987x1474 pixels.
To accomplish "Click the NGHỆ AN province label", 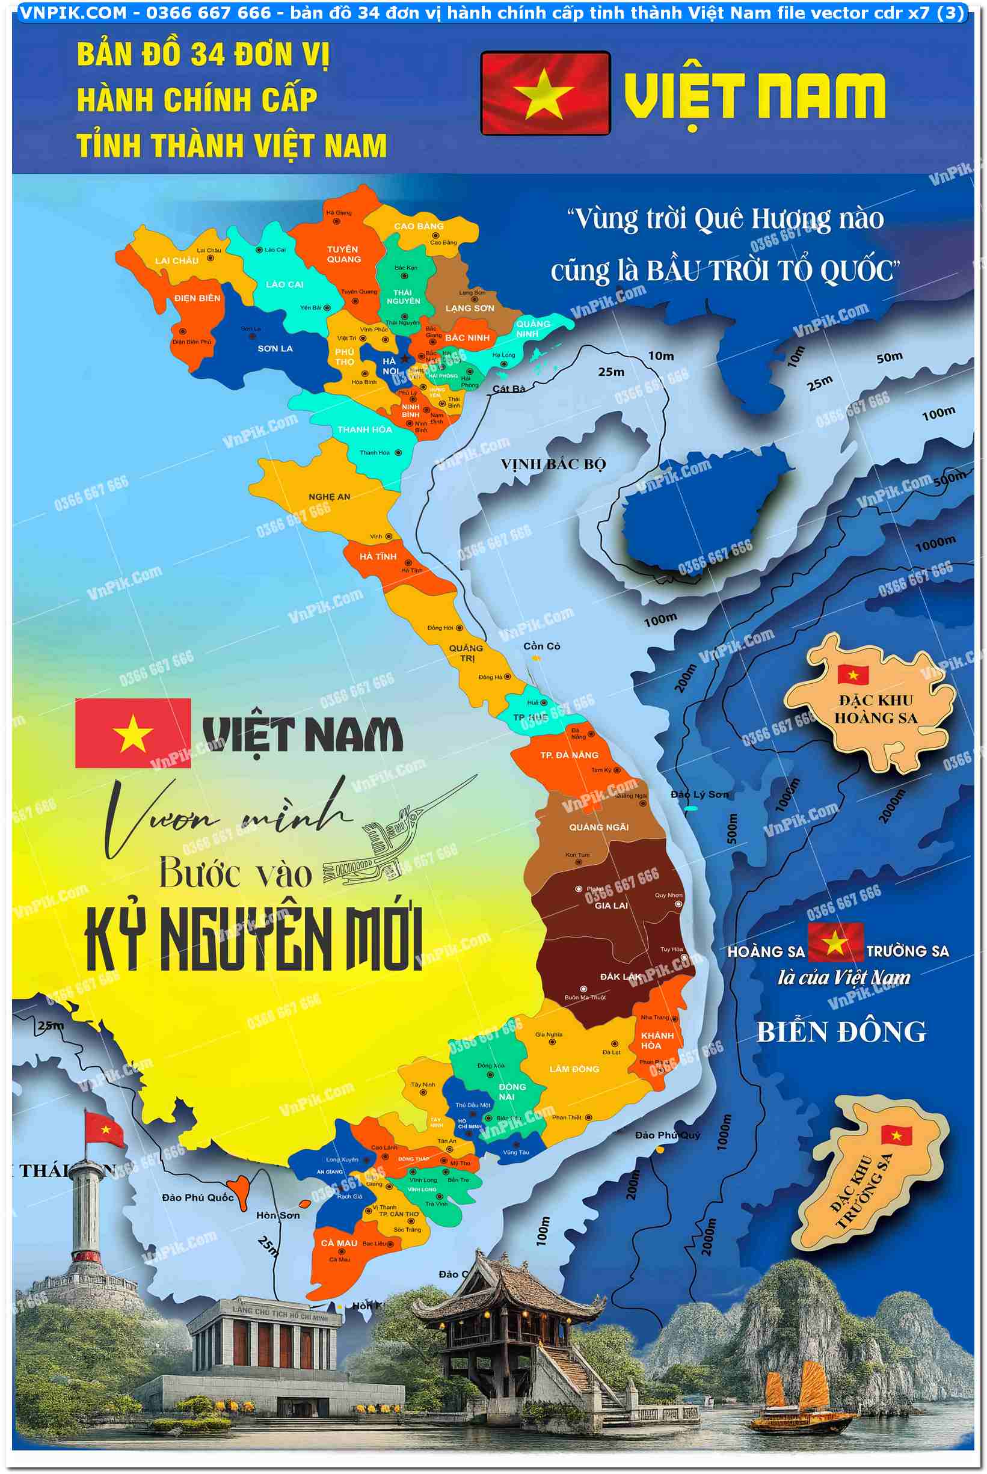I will [x=329, y=497].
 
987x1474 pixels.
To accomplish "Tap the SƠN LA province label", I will [x=275, y=348].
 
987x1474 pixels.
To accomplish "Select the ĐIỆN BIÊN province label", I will [x=197, y=298].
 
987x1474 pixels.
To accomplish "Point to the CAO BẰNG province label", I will [x=419, y=226].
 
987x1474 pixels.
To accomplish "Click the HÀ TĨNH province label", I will [x=378, y=556].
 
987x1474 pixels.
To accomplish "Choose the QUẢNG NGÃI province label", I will [x=598, y=827].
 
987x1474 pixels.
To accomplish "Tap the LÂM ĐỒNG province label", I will [x=574, y=1069].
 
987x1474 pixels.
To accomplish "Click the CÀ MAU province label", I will [x=339, y=1243].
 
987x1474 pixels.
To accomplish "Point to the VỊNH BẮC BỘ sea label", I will [x=553, y=464].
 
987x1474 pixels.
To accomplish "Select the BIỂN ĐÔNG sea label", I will [x=841, y=1032].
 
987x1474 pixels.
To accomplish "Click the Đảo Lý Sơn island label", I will [x=700, y=794].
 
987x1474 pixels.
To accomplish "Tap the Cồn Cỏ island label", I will [x=541, y=646].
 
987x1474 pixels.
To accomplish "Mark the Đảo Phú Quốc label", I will [x=198, y=1197].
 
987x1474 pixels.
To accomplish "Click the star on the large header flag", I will [x=543, y=94].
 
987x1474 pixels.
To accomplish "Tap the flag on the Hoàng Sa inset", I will [x=853, y=674].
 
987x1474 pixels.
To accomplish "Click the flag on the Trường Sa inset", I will [x=896, y=1135].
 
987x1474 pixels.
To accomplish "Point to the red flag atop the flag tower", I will [x=105, y=1128].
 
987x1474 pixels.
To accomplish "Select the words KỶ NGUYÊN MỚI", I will [x=254, y=939].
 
